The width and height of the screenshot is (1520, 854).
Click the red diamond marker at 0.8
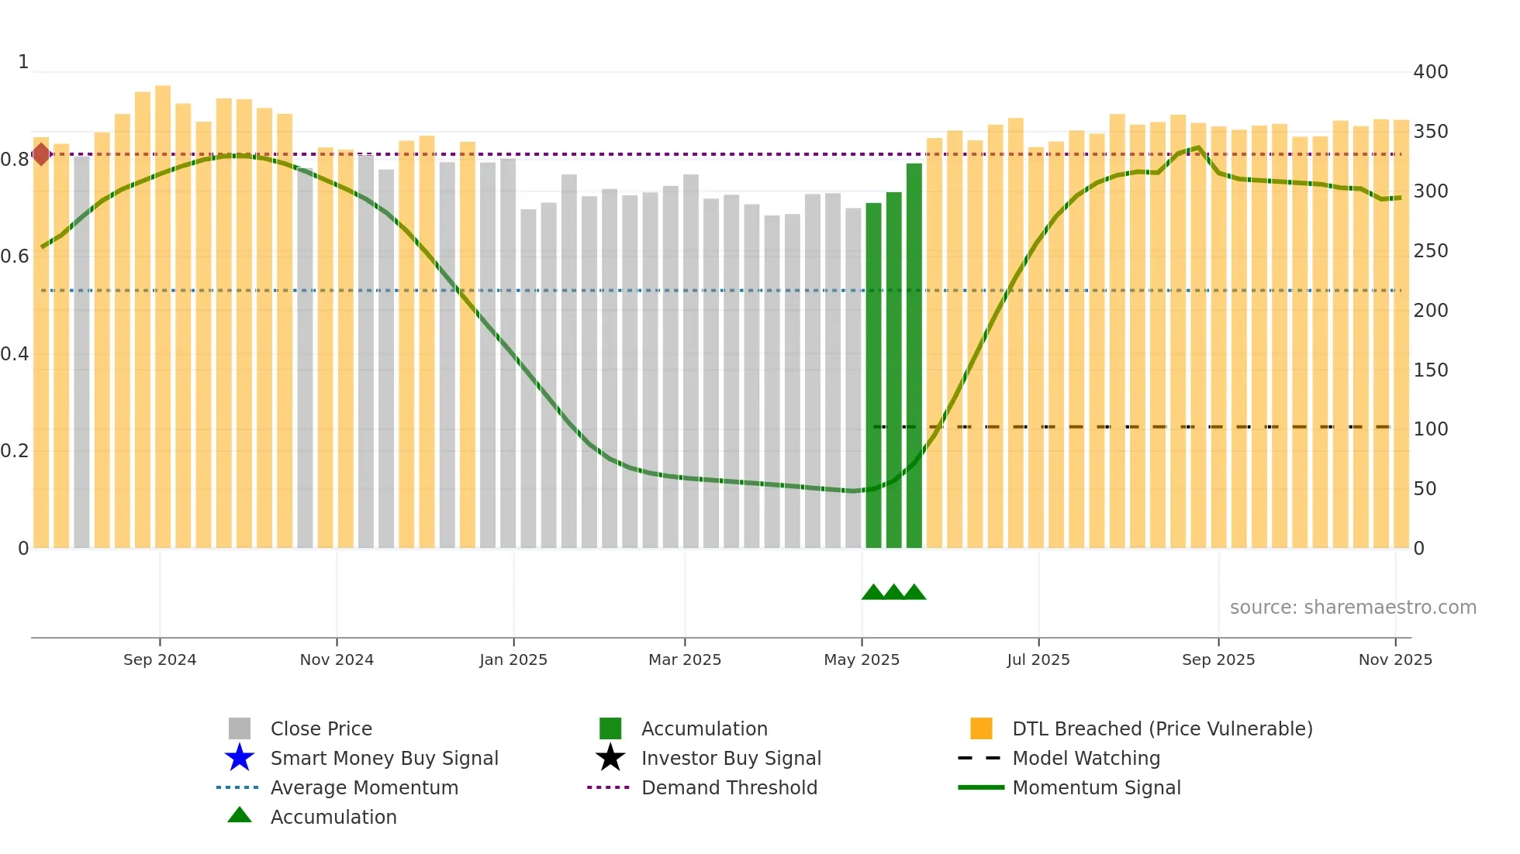[x=41, y=154]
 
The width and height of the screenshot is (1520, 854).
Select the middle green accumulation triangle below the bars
[x=893, y=592]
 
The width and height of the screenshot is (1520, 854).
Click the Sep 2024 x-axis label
[x=160, y=659]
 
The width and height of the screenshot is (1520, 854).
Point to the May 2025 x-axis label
[x=862, y=659]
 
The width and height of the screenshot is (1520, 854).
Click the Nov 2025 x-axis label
[x=1395, y=659]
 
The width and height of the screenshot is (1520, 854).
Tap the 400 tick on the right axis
[x=1430, y=72]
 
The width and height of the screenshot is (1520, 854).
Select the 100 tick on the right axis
[x=1430, y=429]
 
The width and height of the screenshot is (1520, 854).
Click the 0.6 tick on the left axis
[x=15, y=257]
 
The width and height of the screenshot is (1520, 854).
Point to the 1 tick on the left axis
[x=23, y=62]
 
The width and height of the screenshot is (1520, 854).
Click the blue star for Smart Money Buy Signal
[x=240, y=758]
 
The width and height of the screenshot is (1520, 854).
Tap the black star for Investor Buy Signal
[x=610, y=758]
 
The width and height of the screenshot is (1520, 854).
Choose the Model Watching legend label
[x=1086, y=758]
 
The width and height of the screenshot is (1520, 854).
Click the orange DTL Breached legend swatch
[x=981, y=728]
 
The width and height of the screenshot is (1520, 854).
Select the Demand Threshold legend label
[x=729, y=787]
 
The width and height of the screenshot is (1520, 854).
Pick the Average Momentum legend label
[x=364, y=787]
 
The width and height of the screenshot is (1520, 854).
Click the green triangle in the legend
[x=240, y=815]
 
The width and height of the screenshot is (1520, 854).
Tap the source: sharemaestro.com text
[x=1352, y=608]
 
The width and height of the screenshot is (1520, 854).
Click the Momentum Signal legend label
[x=1096, y=787]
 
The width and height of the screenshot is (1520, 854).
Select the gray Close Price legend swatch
[x=240, y=728]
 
